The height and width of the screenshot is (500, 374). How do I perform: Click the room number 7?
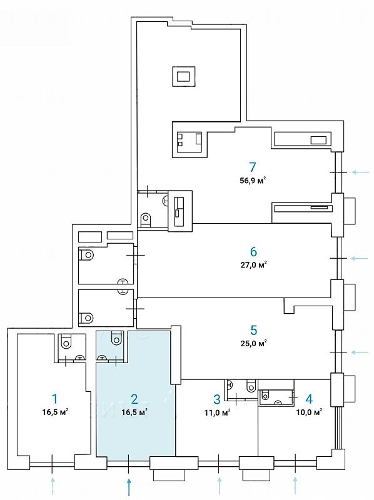253,167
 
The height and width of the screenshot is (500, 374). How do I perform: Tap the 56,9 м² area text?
253,181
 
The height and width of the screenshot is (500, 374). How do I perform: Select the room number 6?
253,252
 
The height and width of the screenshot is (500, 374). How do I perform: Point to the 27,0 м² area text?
253,265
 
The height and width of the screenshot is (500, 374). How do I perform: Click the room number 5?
253,331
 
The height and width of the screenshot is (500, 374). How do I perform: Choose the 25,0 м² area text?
253,343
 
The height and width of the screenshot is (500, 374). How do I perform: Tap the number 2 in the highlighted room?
134,399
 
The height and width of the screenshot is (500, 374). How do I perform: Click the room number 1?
55,399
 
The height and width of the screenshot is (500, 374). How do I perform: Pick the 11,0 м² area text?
217,412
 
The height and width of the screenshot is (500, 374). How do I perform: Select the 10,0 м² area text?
309,412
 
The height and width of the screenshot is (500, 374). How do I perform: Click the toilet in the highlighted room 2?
116,338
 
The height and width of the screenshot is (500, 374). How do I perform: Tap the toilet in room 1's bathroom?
66,342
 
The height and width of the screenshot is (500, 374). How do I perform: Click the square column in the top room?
183,76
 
